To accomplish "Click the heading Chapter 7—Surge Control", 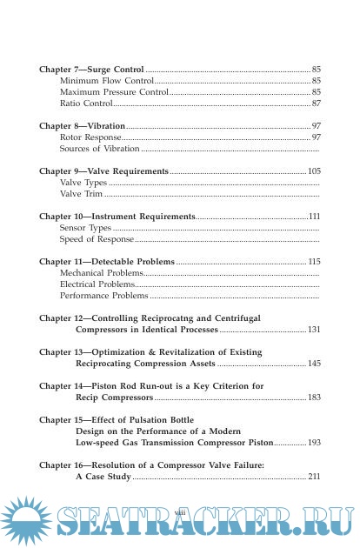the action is click(x=92, y=68).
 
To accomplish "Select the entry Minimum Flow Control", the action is click(x=101, y=80).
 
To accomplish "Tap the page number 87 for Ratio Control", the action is click(x=316, y=103).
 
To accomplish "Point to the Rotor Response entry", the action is click(x=91, y=137).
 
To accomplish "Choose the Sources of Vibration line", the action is click(x=99, y=149).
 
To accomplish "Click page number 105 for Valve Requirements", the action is click(x=314, y=172).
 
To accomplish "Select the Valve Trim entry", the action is click(x=81, y=195).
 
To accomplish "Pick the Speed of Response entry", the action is click(x=97, y=238).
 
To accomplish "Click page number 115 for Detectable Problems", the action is click(x=314, y=261).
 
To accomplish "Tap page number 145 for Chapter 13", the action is click(x=314, y=364).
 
